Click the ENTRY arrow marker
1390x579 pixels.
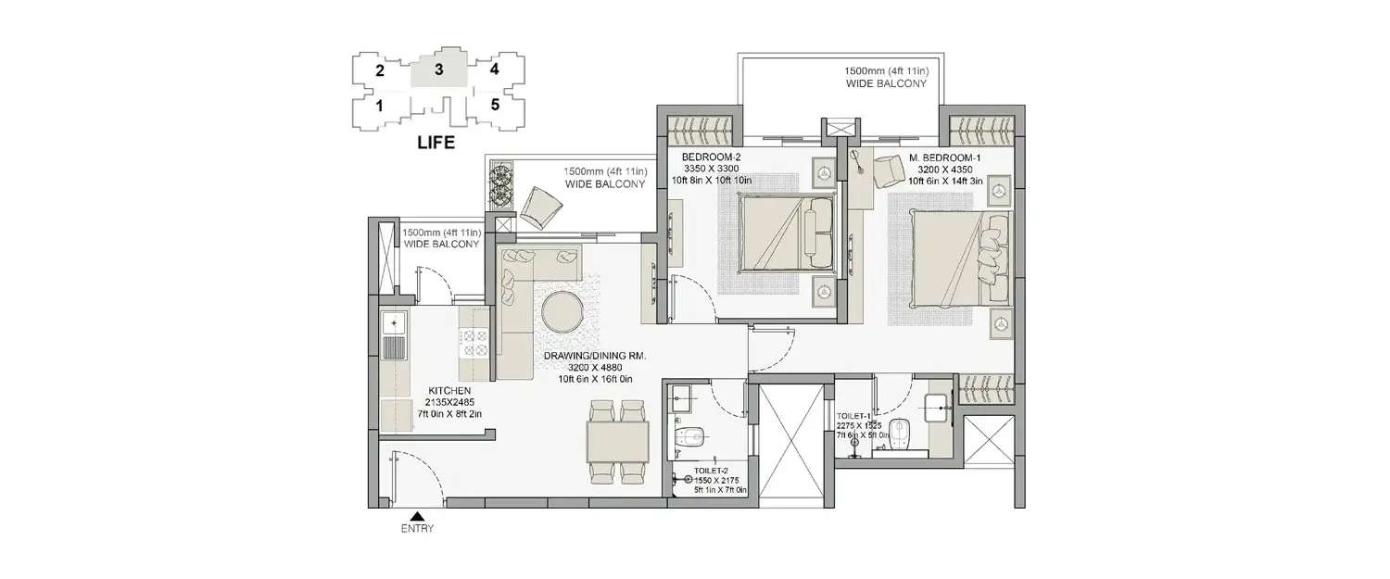[x=417, y=518]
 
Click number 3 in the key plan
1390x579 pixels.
[x=439, y=69]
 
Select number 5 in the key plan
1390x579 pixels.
[x=495, y=105]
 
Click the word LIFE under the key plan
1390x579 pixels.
[x=436, y=143]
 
